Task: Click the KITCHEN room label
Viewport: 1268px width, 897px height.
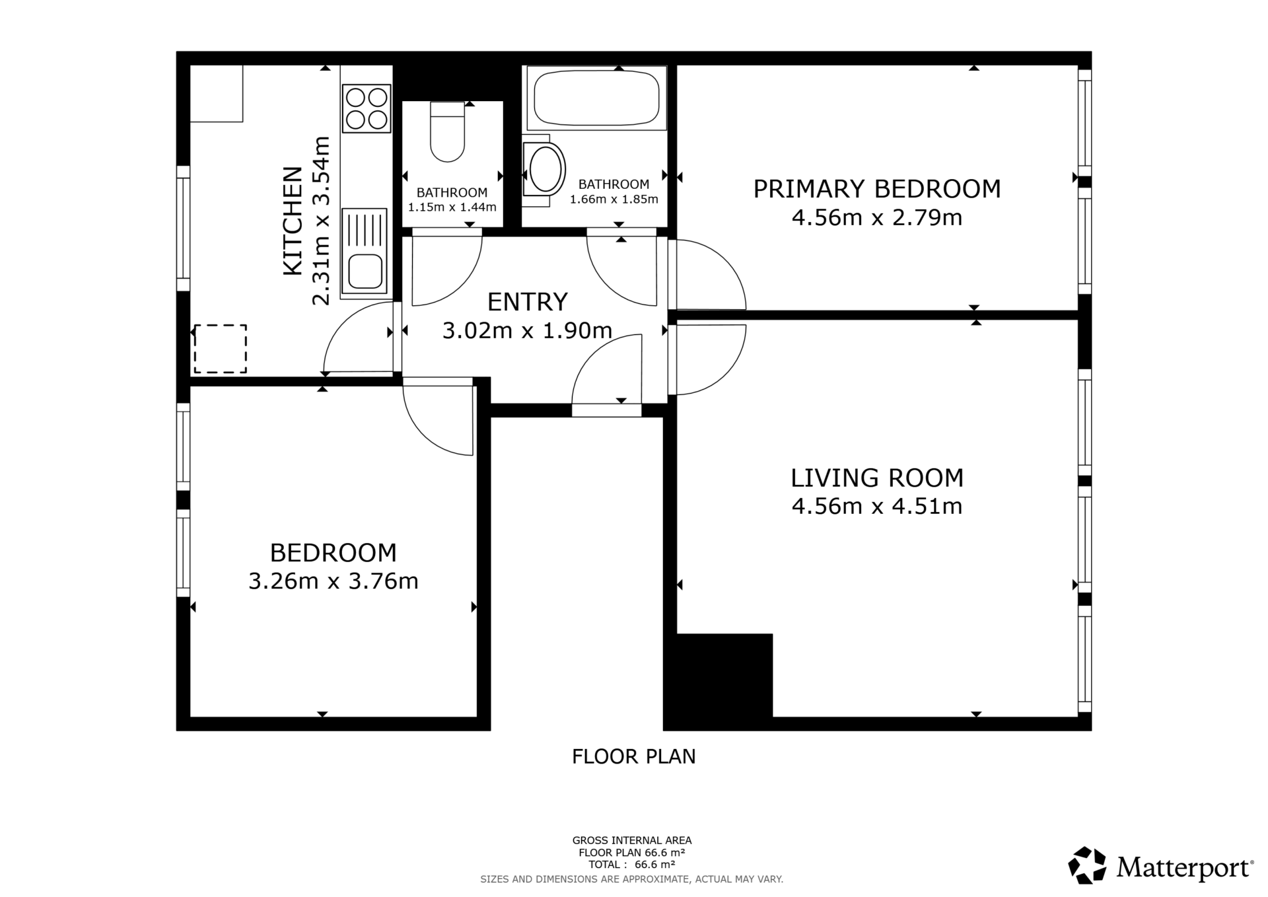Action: (x=293, y=221)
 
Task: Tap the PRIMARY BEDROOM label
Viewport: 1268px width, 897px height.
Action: (x=877, y=189)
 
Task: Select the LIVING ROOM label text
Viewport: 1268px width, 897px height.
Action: (x=877, y=478)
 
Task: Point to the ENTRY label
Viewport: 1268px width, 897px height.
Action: (x=527, y=302)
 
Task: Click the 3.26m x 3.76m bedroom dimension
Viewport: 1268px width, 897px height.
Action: (x=334, y=581)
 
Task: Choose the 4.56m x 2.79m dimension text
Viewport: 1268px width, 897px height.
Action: (x=877, y=217)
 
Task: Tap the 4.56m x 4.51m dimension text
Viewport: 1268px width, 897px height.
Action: (x=877, y=507)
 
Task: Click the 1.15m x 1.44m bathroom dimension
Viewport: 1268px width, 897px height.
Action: (x=452, y=207)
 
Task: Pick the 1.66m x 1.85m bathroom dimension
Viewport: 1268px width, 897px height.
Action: (x=614, y=199)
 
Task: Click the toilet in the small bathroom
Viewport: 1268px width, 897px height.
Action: (x=448, y=131)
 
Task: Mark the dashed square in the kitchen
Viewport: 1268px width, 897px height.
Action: (x=220, y=349)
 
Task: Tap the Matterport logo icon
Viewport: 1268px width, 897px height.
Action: (x=1087, y=865)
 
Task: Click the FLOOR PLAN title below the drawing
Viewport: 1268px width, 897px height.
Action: (x=634, y=756)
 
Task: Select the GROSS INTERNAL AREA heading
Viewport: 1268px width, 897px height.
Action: (x=632, y=840)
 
